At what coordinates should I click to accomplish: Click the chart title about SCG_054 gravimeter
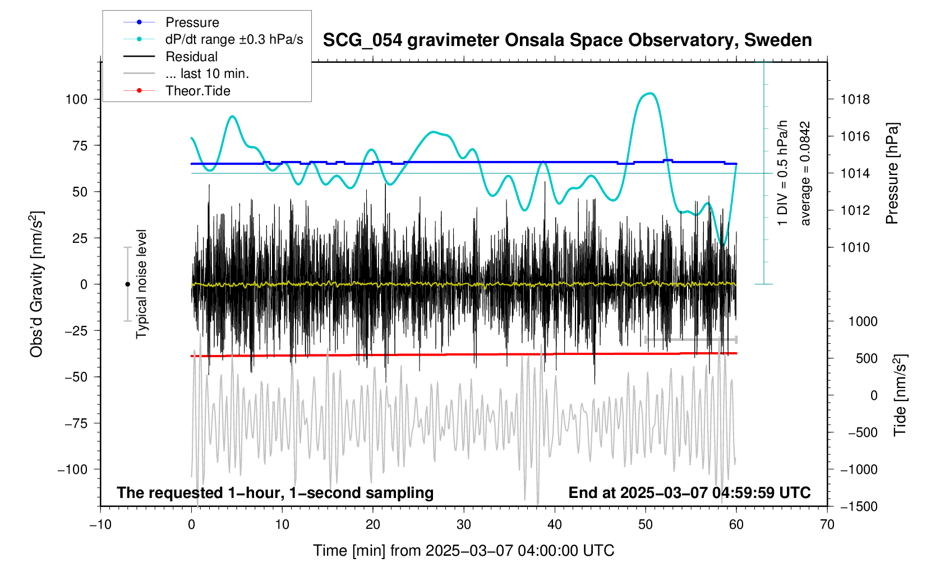tap(567, 40)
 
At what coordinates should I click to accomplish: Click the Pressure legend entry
tap(192, 22)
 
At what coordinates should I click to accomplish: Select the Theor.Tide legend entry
tap(197, 91)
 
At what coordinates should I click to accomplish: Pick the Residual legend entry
tap(191, 57)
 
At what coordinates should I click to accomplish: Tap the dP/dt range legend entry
tap(234, 39)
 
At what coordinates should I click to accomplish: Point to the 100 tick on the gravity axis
tap(77, 99)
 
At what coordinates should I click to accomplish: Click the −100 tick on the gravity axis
tap(73, 469)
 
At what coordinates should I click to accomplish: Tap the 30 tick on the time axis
tap(464, 525)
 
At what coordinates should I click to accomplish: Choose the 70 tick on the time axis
tap(827, 525)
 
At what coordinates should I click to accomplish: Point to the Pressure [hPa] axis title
tap(892, 174)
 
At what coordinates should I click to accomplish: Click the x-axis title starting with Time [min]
tap(463, 551)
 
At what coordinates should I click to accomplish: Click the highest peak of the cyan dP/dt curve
tap(649, 93)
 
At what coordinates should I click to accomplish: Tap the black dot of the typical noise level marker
tap(128, 284)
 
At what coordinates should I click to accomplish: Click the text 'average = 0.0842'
tap(805, 174)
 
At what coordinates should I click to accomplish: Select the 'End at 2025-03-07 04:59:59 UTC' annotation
tap(689, 493)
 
